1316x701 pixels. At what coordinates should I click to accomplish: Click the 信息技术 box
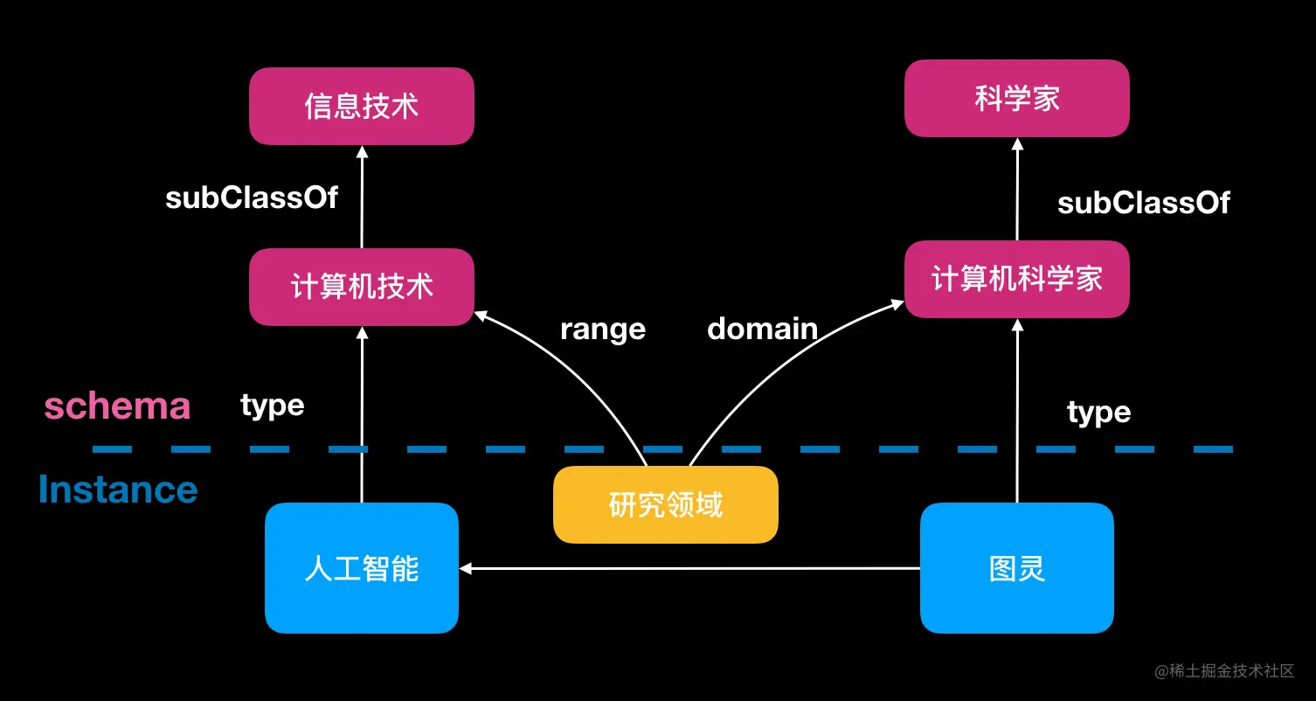click(x=362, y=107)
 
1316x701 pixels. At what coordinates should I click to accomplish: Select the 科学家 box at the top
click(x=1016, y=99)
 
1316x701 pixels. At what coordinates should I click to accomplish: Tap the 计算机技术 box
click(x=362, y=287)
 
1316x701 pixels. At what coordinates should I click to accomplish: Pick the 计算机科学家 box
click(x=1016, y=279)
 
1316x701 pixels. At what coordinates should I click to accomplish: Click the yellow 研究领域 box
click(x=665, y=504)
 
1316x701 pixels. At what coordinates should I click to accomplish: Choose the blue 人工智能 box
click(x=362, y=568)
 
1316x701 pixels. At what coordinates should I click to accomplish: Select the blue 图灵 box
click(x=1016, y=568)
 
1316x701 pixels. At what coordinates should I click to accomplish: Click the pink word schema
click(x=117, y=406)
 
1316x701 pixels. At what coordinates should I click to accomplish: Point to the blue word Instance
click(x=118, y=489)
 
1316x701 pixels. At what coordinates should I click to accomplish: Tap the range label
click(x=602, y=330)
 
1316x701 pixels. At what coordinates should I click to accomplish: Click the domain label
click(x=762, y=330)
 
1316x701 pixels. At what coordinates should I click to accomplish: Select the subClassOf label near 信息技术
click(x=252, y=198)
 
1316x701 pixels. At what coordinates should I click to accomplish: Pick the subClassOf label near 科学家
click(x=1143, y=204)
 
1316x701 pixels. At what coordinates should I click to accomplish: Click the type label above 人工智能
click(x=273, y=406)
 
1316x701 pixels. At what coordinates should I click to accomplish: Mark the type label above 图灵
click(x=1098, y=412)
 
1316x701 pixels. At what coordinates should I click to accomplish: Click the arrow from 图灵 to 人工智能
click(x=690, y=568)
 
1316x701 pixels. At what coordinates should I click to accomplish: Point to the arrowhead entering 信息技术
click(x=362, y=152)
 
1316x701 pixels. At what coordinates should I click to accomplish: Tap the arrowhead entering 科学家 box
click(x=1016, y=144)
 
